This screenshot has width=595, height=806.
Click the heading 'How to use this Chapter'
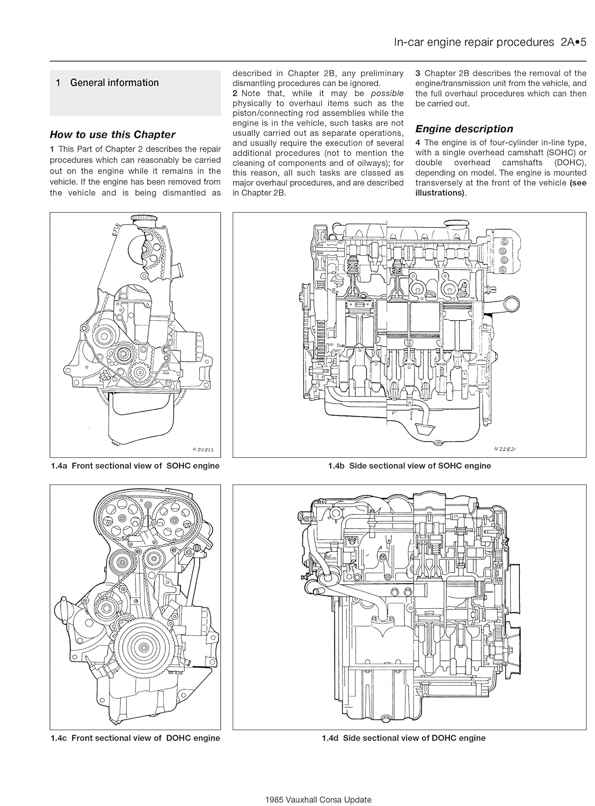point(112,135)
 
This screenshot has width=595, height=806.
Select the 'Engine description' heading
point(464,129)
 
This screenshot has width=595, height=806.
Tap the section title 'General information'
point(114,83)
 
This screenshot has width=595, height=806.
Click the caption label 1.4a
point(59,466)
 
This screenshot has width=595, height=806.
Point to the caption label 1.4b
point(337,466)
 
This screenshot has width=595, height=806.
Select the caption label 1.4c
point(59,738)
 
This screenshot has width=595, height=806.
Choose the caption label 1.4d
point(331,738)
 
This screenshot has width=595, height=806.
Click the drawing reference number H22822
point(202,449)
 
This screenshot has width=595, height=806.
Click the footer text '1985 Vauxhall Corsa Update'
point(318,800)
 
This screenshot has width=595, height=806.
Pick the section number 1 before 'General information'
point(58,83)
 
